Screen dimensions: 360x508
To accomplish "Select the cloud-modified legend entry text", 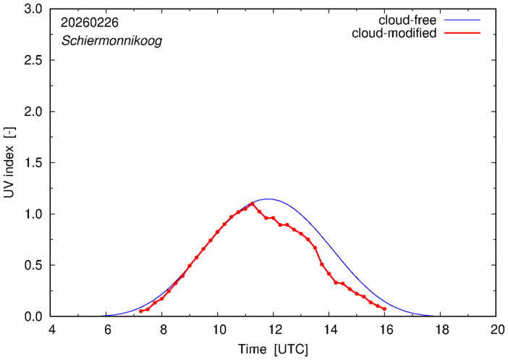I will pos(393,33).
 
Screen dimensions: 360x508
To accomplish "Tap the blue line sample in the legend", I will pos(464,20).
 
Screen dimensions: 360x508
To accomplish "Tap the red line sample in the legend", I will pos(464,34).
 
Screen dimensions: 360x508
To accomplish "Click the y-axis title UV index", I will pos(10,163).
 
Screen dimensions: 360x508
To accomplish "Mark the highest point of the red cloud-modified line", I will pos(252,204).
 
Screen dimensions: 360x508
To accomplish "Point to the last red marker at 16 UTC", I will pos(384,309).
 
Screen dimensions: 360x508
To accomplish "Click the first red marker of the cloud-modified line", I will pos(140,311).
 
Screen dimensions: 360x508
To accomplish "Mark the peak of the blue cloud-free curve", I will pos(268,198).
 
